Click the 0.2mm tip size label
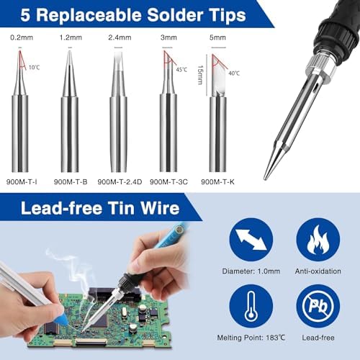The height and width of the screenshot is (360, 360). (x=22, y=37)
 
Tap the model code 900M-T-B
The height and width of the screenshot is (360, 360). (x=71, y=181)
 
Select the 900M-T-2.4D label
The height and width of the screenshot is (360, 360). (x=120, y=181)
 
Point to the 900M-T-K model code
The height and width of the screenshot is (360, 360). (x=217, y=181)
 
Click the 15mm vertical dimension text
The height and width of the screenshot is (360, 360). (x=200, y=75)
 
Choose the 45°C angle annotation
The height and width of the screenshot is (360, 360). (x=181, y=70)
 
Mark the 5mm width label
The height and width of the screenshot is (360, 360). (x=217, y=37)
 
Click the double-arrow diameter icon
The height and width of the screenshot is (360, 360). (x=251, y=239)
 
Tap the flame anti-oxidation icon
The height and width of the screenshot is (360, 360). (x=318, y=239)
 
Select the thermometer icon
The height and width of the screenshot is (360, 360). (x=251, y=306)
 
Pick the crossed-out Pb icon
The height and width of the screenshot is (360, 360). (x=318, y=306)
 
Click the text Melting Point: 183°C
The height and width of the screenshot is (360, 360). (x=251, y=338)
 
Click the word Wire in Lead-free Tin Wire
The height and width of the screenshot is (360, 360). (x=160, y=207)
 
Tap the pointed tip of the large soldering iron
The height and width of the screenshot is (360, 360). (x=265, y=179)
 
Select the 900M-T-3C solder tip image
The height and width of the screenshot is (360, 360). (x=168, y=110)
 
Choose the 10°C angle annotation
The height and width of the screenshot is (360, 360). (x=34, y=67)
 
